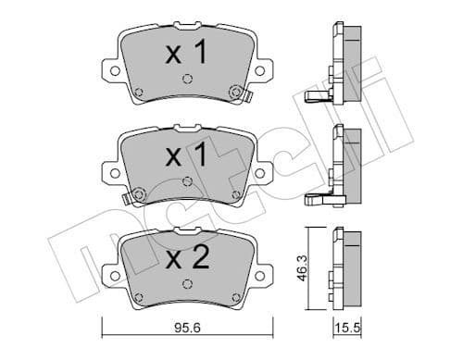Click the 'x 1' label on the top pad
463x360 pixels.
click(187, 53)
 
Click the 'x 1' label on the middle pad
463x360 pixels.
click(187, 154)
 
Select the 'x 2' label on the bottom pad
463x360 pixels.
click(187, 256)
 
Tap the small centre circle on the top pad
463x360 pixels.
click(187, 80)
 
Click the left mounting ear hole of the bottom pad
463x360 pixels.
click(112, 274)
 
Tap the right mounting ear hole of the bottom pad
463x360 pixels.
click(262, 274)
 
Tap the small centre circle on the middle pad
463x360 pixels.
click(187, 182)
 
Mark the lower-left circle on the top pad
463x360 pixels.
click(138, 91)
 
